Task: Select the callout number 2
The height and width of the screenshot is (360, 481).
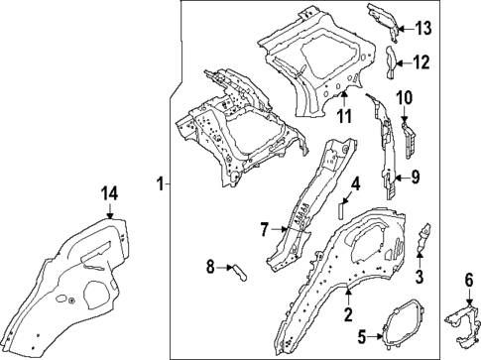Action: (x=347, y=316)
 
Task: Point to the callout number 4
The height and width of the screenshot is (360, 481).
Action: (x=354, y=184)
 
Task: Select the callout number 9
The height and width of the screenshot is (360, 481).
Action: (x=416, y=179)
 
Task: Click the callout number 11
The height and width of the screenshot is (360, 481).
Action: (x=342, y=118)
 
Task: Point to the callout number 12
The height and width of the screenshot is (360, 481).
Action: (x=421, y=62)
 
